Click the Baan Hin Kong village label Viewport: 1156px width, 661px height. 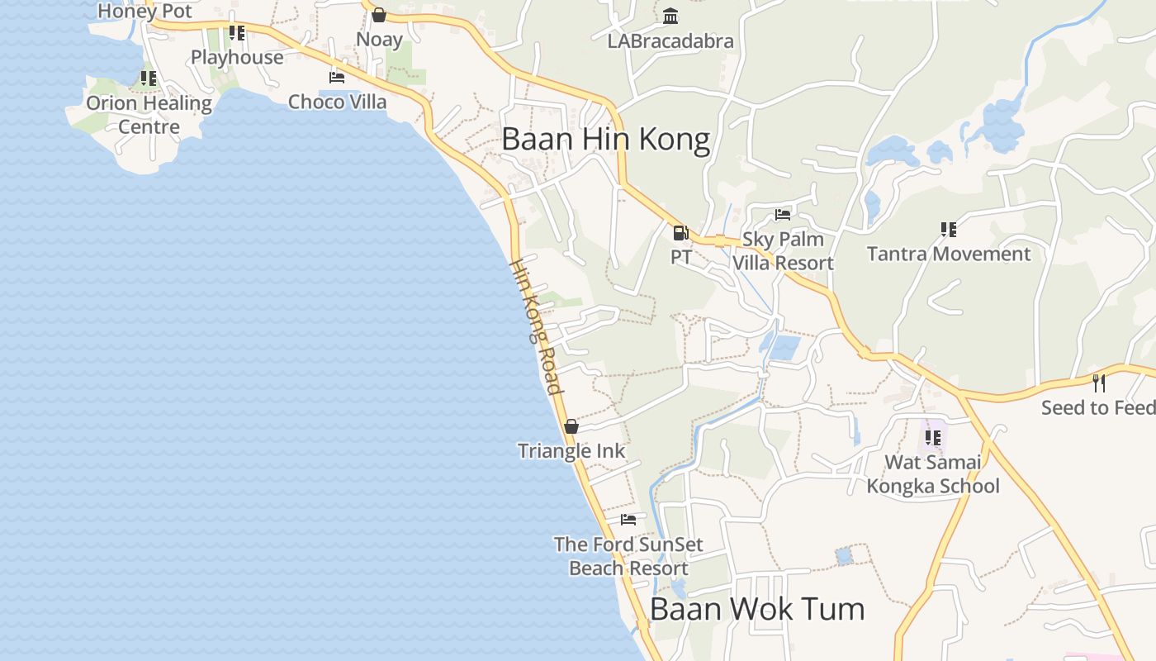605,139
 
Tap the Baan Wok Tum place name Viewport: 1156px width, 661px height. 757,609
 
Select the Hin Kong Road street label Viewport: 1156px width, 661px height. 538,327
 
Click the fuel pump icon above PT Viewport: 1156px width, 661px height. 680,233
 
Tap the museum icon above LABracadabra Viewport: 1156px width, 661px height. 670,17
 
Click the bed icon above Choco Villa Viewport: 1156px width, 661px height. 337,78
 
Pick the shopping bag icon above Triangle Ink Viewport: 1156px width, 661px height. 571,426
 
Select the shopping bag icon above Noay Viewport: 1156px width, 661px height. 379,15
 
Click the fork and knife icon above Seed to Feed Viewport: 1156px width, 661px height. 1098,383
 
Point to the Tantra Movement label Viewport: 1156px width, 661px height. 949,254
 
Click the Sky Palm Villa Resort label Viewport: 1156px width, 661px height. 783,251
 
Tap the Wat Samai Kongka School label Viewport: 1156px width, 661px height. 933,473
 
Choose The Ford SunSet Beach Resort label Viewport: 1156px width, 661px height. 628,556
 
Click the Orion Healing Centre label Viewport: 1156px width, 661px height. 149,115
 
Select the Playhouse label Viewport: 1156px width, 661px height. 237,57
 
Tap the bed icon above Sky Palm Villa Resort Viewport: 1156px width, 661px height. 783,216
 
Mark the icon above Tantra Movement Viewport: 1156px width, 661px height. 948,229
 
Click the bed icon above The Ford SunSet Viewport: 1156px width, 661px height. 628,520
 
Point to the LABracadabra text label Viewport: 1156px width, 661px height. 670,40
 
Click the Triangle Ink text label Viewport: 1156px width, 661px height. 571,451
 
